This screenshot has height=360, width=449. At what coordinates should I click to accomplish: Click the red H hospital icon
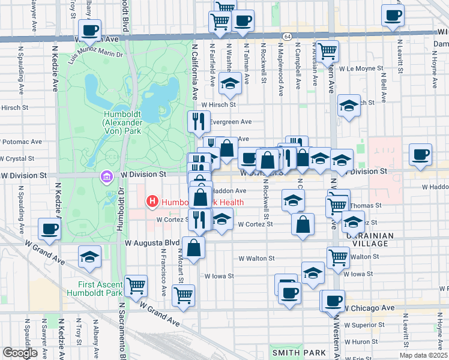pyautogui.click(x=152, y=202)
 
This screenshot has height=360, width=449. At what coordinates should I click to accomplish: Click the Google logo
pyautogui.click(x=20, y=353)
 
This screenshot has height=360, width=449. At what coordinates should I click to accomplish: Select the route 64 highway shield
pyautogui.click(x=289, y=37)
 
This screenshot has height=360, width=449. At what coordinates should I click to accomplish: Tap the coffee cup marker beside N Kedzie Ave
pyautogui.click(x=49, y=229)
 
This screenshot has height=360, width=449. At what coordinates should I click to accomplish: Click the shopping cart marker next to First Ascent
pyautogui.click(x=136, y=286)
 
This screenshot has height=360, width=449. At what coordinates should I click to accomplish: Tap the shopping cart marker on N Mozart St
pyautogui.click(x=183, y=295)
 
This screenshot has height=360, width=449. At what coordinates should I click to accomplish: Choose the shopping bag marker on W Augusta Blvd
pyautogui.click(x=194, y=248)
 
